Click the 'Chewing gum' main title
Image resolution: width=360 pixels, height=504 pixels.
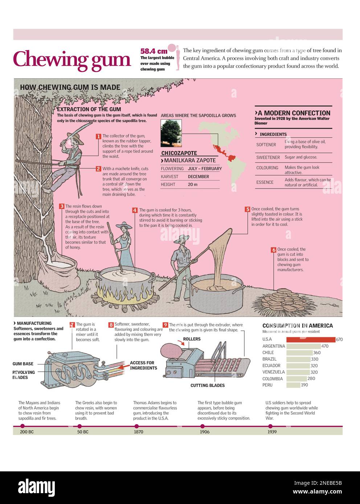[72, 59]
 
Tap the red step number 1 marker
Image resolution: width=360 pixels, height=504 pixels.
[98, 136]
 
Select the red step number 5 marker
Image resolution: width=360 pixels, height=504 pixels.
[247, 209]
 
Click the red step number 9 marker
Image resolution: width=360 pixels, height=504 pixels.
[165, 325]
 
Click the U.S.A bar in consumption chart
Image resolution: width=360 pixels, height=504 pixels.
[310, 340]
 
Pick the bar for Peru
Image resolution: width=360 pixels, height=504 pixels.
[293, 385]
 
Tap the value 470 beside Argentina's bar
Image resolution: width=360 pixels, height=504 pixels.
[325, 346]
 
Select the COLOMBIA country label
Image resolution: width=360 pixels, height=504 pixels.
[272, 379]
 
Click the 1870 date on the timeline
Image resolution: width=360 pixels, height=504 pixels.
[138, 432]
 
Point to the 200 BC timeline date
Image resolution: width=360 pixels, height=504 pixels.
[26, 432]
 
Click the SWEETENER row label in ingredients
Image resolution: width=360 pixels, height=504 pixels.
[268, 157]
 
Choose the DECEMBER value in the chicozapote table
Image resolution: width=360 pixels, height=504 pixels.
[198, 177]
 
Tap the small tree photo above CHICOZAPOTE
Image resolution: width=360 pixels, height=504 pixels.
[171, 133]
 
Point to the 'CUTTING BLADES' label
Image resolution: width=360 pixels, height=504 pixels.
[208, 385]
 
